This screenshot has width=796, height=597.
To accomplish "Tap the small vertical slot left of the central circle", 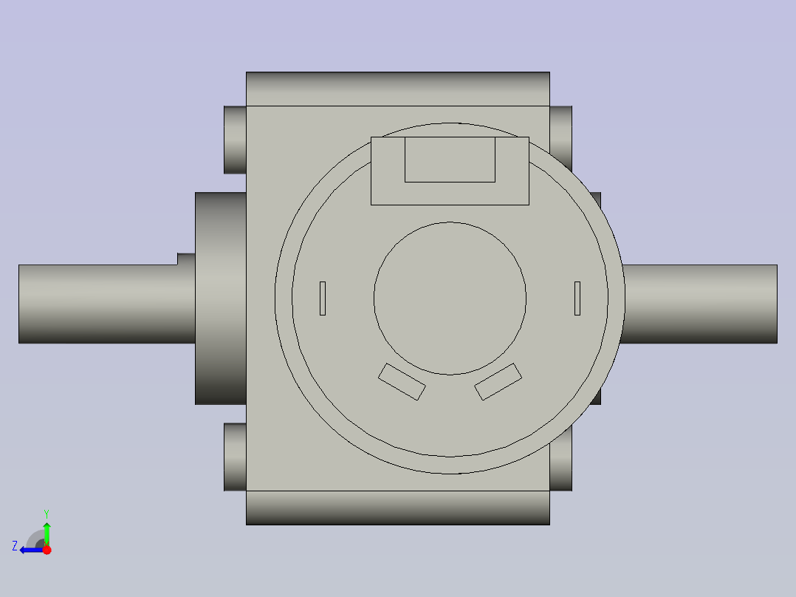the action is [323, 298].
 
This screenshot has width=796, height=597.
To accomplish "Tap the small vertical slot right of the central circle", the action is [577, 298].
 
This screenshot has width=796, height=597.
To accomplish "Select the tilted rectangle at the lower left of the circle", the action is [402, 381].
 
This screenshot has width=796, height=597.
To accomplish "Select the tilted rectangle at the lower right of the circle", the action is [498, 381].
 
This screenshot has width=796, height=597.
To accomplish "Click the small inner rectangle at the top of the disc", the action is [450, 159].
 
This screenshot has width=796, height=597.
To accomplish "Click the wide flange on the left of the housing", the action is [221, 298].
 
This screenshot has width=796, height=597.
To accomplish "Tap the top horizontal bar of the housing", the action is [398, 89].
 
